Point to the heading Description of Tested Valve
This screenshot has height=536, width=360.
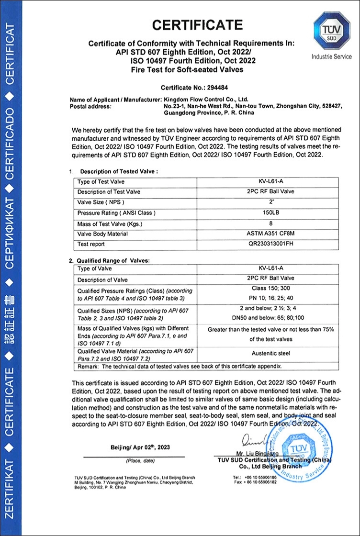click(119, 171)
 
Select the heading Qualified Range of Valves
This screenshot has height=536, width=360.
click(112, 260)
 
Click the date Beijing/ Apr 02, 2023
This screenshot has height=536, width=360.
click(139, 447)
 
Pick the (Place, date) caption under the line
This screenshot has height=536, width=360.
click(140, 461)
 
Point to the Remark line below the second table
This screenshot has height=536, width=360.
click(177, 366)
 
